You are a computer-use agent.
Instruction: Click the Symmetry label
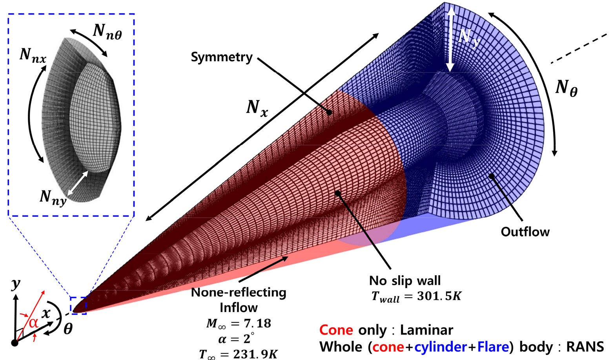(222, 58)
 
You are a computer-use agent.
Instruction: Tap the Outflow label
(525, 232)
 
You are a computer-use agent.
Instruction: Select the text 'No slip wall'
(405, 280)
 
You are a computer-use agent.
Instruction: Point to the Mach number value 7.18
(257, 323)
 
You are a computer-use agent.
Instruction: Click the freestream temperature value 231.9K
(255, 354)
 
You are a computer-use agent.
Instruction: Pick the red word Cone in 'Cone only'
(336, 330)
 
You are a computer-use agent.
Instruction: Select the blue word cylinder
(441, 347)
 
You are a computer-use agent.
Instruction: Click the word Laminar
(426, 330)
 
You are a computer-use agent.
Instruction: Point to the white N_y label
(469, 38)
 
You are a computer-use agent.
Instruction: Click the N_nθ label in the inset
(107, 32)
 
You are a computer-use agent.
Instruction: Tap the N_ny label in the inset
(53, 197)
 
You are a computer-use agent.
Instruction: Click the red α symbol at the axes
(33, 323)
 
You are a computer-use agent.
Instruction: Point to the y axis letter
(16, 284)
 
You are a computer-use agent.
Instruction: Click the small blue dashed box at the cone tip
(78, 305)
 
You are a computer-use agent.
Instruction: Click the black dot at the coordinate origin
(15, 343)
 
